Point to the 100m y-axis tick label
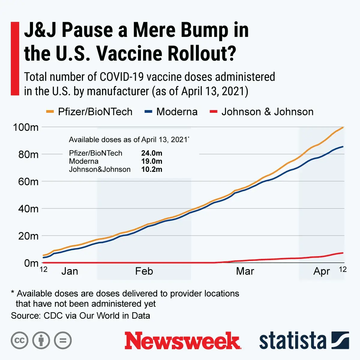(x=26, y=127)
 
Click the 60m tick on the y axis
(x=28, y=181)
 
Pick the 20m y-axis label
(x=28, y=236)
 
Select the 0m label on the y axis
(x=31, y=263)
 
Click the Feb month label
(x=144, y=271)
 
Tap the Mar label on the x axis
(x=245, y=271)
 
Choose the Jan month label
(x=70, y=271)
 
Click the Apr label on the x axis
(x=322, y=271)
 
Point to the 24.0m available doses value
(x=152, y=153)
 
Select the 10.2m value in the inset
(x=152, y=169)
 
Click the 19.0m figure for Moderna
(x=152, y=161)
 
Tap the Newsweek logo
(x=182, y=340)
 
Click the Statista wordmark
(x=292, y=341)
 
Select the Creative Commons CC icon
(x=19, y=340)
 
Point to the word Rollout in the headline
(x=202, y=53)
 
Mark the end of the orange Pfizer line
(x=343, y=127)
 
